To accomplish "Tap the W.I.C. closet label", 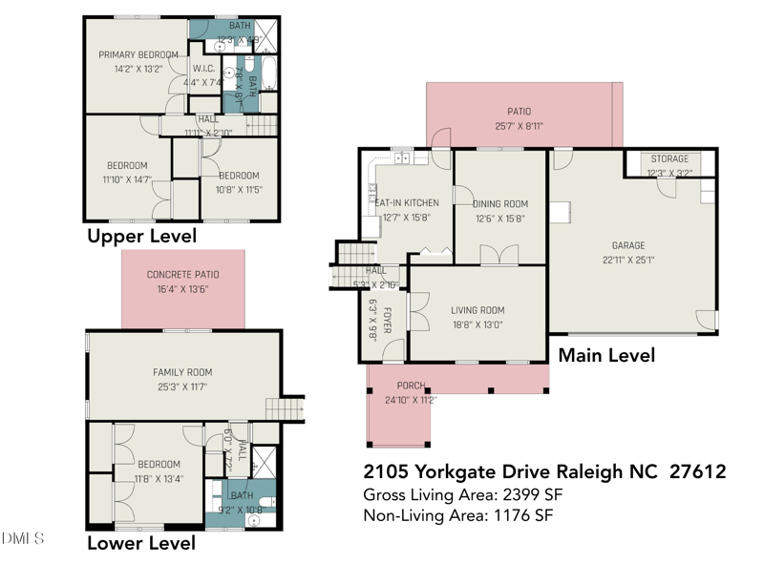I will [x=203, y=69].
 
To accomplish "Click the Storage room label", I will [x=668, y=158].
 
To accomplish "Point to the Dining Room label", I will [x=500, y=204].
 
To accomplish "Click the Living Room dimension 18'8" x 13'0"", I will [x=477, y=324].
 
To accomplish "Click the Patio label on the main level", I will [x=519, y=112].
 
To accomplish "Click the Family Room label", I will [x=182, y=372].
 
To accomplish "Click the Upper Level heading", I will [x=141, y=236].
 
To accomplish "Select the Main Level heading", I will [x=606, y=355].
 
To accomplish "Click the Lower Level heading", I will [x=141, y=543].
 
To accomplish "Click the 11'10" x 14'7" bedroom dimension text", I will [x=127, y=178].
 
